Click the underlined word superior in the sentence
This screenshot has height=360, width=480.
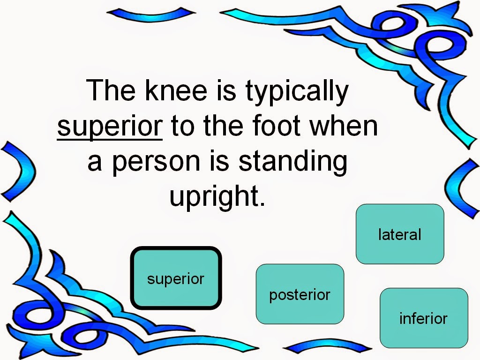point(110,127)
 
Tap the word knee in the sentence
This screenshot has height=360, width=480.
point(176,90)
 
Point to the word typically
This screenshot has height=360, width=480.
point(297,92)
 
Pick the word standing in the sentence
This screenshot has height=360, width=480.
point(293,163)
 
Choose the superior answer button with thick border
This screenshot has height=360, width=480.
point(176,278)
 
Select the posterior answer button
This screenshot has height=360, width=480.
point(300,294)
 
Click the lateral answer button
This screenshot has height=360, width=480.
point(400,234)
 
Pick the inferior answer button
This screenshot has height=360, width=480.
point(424,318)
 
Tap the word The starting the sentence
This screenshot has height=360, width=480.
point(111,90)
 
